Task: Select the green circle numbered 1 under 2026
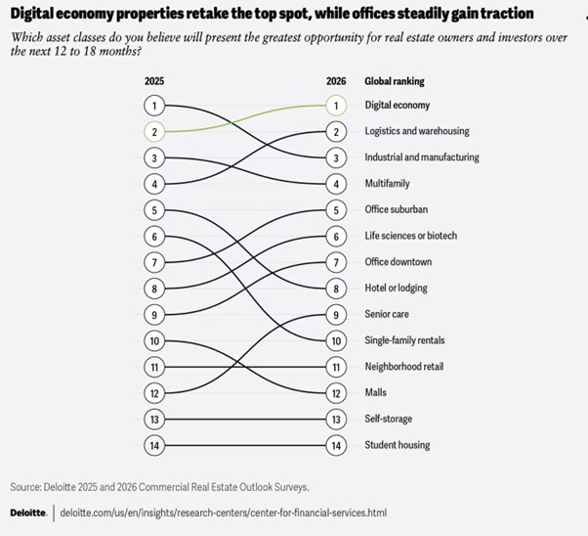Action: [335, 105]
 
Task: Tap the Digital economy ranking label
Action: [397, 105]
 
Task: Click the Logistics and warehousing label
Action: [416, 131]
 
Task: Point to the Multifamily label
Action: [387, 183]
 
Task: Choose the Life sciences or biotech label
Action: [410, 236]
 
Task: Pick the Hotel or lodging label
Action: [396, 288]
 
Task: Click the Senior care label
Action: [387, 314]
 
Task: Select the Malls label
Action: [375, 392]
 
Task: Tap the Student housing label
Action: [396, 445]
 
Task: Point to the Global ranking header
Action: [394, 81]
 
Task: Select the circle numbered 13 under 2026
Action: [335, 419]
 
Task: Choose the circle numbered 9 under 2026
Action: [335, 314]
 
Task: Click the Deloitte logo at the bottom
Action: [27, 512]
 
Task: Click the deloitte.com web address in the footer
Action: [223, 512]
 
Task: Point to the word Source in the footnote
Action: [25, 485]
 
